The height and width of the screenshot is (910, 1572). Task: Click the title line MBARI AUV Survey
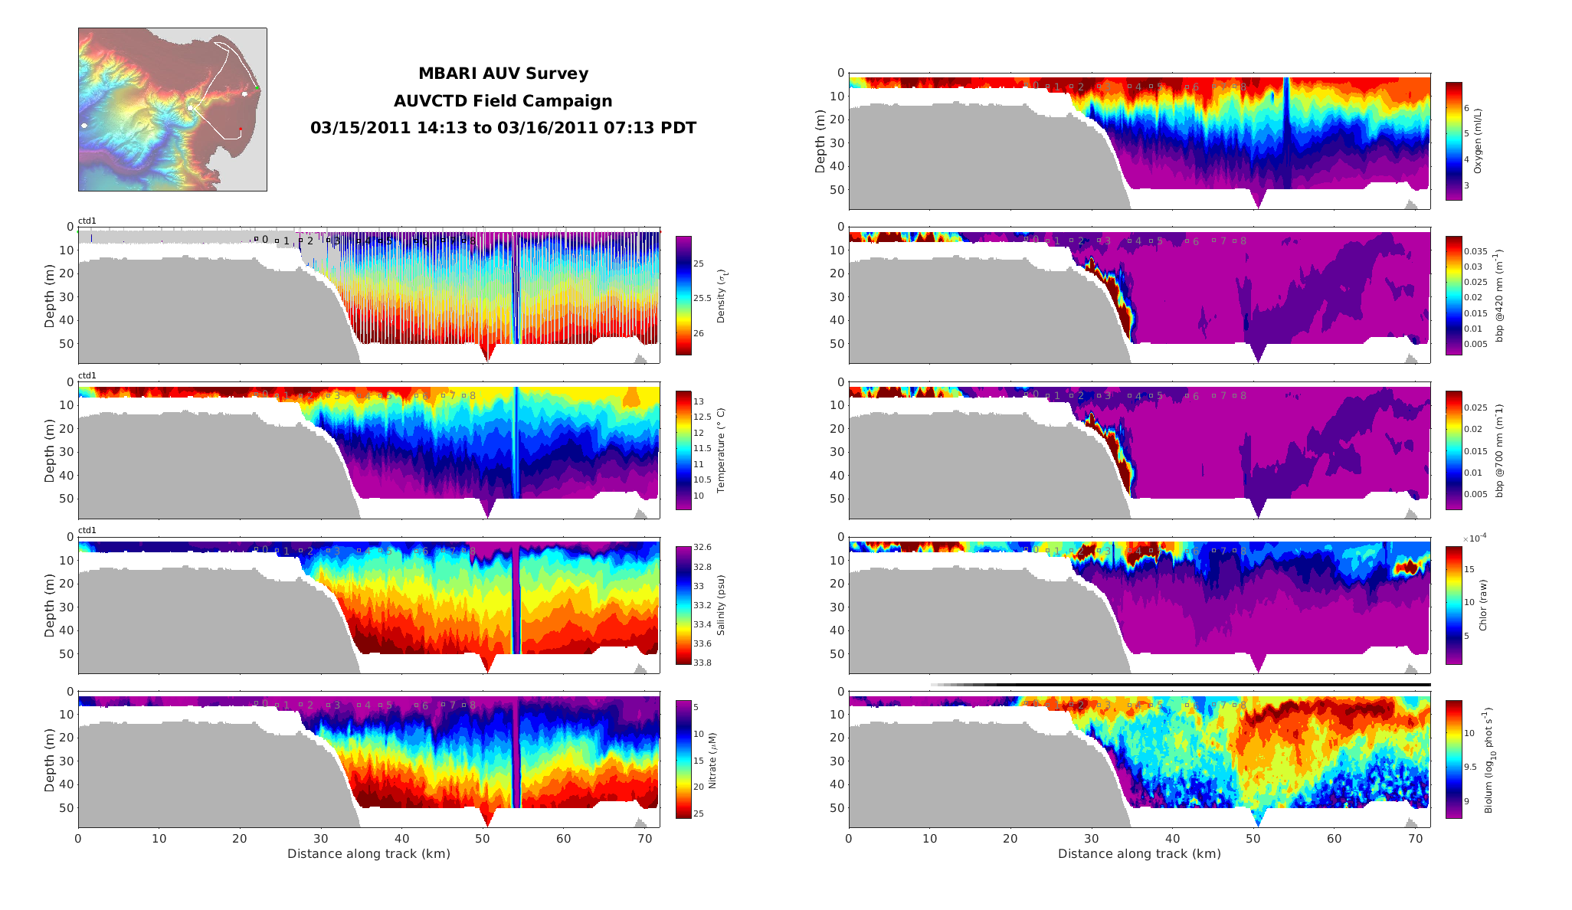(x=503, y=74)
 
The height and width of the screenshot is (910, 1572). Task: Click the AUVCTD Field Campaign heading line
(x=503, y=101)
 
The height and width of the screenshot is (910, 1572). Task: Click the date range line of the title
(x=503, y=128)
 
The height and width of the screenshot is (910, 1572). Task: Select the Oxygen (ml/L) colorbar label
(x=1478, y=141)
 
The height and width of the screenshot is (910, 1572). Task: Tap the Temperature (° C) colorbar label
(x=721, y=450)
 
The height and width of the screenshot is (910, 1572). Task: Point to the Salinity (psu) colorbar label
(x=721, y=605)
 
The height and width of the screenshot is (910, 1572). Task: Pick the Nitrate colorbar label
(x=712, y=760)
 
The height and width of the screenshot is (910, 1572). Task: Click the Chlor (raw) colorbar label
(x=1482, y=605)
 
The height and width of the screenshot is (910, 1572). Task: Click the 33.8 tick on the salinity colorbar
(x=702, y=663)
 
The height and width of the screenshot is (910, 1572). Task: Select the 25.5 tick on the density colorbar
(x=702, y=299)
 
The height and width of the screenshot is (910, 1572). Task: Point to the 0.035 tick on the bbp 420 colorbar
(x=1475, y=251)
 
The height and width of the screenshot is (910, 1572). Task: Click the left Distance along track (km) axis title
(x=368, y=854)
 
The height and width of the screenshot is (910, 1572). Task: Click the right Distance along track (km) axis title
(x=1139, y=854)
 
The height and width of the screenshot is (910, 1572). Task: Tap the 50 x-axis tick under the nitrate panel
(x=483, y=839)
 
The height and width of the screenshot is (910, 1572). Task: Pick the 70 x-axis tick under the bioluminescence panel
(x=1415, y=839)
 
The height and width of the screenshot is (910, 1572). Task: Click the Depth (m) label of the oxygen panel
(x=820, y=141)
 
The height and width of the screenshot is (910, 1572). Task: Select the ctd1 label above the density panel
(x=87, y=221)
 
